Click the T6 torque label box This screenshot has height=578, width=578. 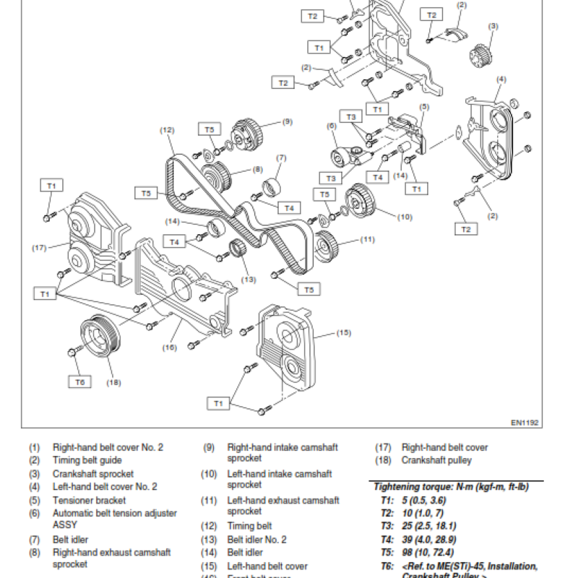[x=80, y=381]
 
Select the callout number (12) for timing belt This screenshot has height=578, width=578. [x=168, y=130]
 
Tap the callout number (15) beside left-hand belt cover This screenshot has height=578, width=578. [x=343, y=333]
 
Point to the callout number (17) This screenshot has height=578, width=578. [x=39, y=248]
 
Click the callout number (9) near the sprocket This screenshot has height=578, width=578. [x=287, y=122]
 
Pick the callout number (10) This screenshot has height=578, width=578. [x=405, y=217]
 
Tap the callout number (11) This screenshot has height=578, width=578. [x=368, y=239]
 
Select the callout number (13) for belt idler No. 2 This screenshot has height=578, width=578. [x=248, y=280]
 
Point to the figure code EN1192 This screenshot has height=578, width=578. [x=525, y=423]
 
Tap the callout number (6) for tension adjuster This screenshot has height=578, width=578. [x=332, y=126]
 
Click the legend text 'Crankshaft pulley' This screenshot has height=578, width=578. [x=436, y=460]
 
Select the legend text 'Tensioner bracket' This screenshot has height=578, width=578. [x=89, y=500]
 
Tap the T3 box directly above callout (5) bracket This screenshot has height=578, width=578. [x=352, y=116]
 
